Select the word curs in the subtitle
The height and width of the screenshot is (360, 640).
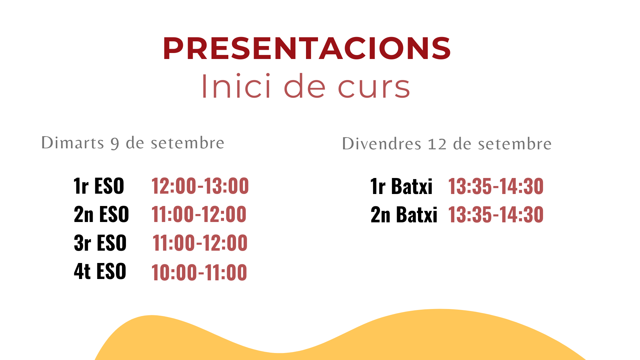coord(374,88)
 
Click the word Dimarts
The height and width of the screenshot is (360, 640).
coord(73,143)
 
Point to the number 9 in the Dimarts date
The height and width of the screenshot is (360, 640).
coord(115,144)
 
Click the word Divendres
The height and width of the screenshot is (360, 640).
coord(382,144)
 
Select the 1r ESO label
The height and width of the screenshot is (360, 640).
coord(99,186)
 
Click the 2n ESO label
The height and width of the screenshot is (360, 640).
coord(101,214)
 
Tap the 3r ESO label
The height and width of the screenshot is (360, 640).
coord(100,243)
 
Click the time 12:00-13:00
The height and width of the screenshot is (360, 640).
coord(200,186)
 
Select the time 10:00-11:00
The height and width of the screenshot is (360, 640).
coord(199,272)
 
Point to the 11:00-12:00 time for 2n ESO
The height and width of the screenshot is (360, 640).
coord(199,214)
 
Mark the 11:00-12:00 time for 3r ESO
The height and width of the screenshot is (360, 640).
coord(200,243)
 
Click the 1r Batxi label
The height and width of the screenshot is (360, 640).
coord(401,186)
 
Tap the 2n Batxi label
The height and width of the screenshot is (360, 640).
coord(404,214)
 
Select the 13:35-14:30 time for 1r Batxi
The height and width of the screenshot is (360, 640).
coord(496,186)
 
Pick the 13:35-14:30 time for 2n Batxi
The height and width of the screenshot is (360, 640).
coord(496,214)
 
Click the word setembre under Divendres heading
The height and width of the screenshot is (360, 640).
coord(515,144)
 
